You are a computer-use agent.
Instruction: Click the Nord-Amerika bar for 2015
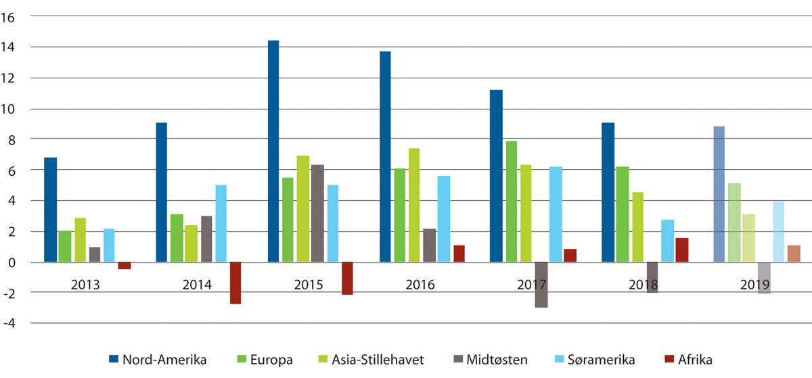pyautogui.click(x=273, y=151)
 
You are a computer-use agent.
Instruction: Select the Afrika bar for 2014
pyautogui.click(x=235, y=283)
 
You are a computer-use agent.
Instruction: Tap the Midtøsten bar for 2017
pyautogui.click(x=541, y=285)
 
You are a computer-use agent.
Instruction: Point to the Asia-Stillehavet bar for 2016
pyautogui.click(x=414, y=205)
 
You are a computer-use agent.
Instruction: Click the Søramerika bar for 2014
pyautogui.click(x=221, y=223)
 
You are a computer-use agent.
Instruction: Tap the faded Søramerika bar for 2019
pyautogui.click(x=779, y=231)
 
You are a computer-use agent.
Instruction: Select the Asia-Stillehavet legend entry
pyautogui.click(x=374, y=360)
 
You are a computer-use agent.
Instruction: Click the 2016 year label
pyautogui.click(x=420, y=285)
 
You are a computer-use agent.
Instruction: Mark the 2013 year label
pyautogui.click(x=85, y=285)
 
